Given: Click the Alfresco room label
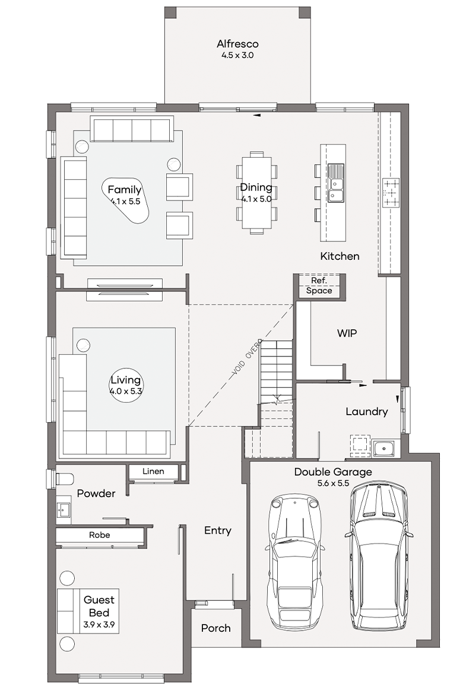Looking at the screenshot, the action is click(237, 44).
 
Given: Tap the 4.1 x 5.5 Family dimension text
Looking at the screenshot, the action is click(125, 202).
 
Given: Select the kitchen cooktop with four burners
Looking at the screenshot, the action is click(391, 192).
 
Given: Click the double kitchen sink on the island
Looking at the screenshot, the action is click(336, 183).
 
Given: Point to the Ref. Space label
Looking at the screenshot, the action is click(319, 286).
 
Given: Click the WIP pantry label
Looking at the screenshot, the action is click(347, 333).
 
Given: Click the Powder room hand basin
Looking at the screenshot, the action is click(64, 510).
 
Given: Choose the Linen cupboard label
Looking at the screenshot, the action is click(153, 472).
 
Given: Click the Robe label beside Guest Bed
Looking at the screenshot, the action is click(100, 535).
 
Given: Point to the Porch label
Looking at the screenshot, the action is click(216, 628).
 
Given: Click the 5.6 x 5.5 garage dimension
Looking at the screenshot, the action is click(333, 483).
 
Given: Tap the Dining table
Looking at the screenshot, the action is click(256, 193).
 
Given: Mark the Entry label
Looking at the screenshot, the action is click(217, 530).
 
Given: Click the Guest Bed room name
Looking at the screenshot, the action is click(99, 606).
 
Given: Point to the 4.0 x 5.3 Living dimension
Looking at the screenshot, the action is click(126, 391).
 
